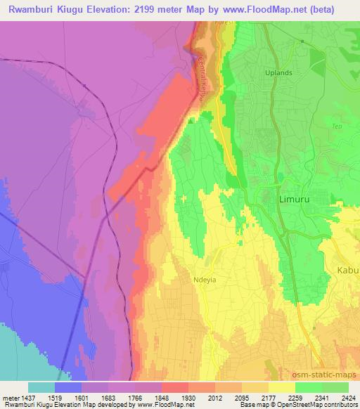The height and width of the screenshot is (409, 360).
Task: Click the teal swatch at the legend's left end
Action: click(41, 387)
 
